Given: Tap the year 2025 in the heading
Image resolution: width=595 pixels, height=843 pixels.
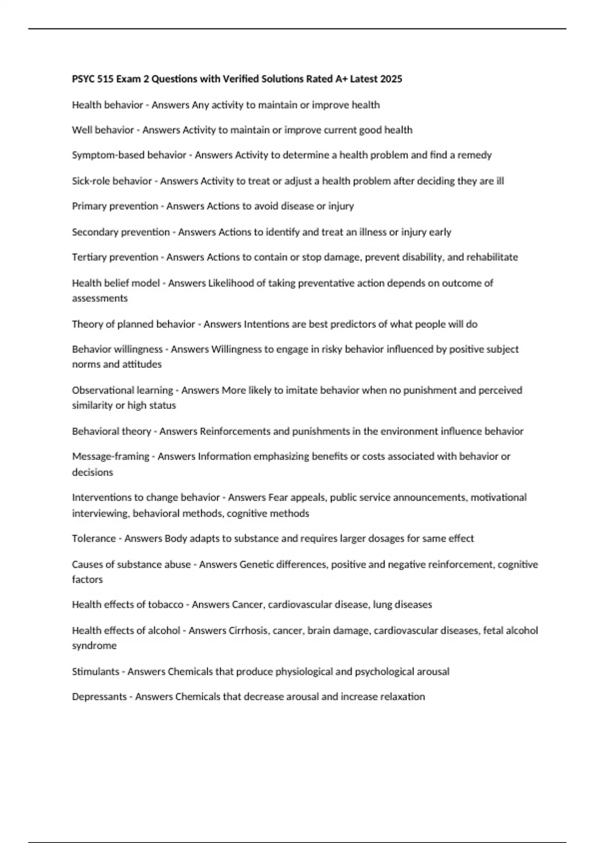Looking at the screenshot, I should pos(391,79).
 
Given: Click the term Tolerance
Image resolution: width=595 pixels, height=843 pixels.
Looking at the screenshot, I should pos(94,539).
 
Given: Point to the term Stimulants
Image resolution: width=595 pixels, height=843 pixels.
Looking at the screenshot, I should pos(95,671).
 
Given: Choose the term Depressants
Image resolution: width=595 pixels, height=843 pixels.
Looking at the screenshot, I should pos(99,697).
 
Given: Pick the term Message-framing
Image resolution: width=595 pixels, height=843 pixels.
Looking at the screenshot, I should pos(111,456).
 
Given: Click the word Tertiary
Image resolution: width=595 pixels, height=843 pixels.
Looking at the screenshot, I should pos(89,257).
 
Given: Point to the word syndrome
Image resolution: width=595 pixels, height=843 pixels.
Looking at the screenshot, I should pos(94,646).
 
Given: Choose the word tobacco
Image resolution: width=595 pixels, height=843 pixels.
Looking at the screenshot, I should pos(166,604).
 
